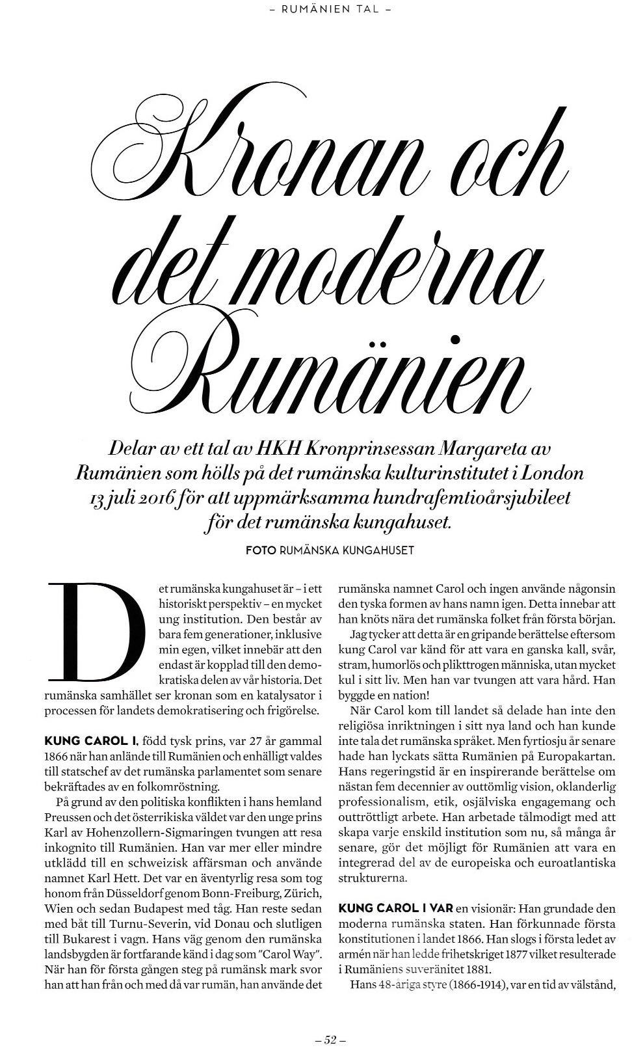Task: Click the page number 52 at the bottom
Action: [329, 1040]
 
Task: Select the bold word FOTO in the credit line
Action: [260, 550]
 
